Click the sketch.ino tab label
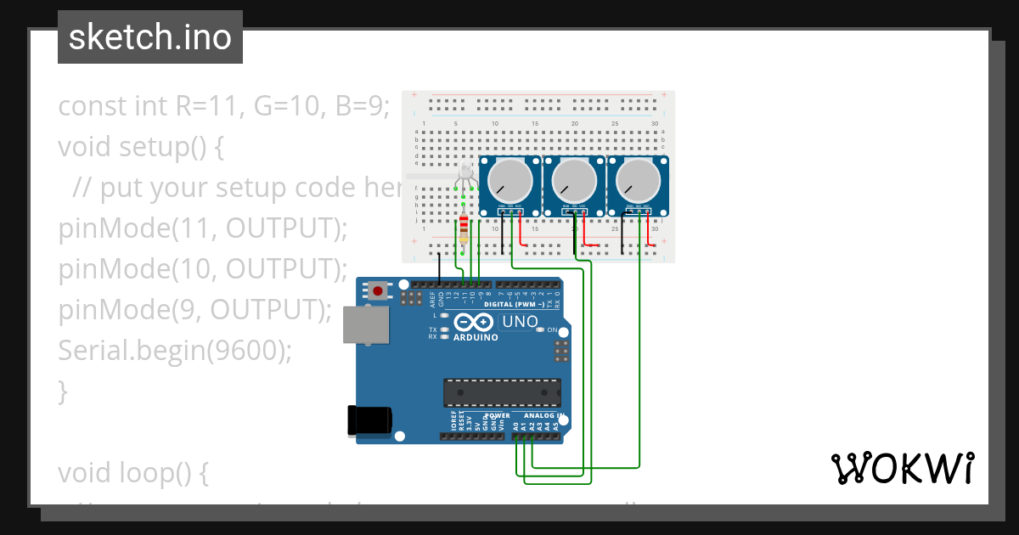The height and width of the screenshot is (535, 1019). click(x=150, y=37)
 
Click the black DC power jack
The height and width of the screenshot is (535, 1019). click(x=370, y=421)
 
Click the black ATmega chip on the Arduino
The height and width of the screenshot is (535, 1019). click(x=502, y=392)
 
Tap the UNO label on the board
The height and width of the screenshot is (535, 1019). click(x=521, y=322)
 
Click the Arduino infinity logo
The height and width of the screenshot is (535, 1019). click(x=474, y=323)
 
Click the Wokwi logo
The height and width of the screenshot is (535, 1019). click(x=903, y=468)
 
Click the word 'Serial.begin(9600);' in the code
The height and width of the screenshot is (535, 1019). click(x=174, y=350)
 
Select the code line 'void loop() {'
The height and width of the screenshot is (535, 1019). click(x=132, y=473)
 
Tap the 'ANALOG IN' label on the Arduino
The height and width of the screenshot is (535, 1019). click(x=543, y=416)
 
